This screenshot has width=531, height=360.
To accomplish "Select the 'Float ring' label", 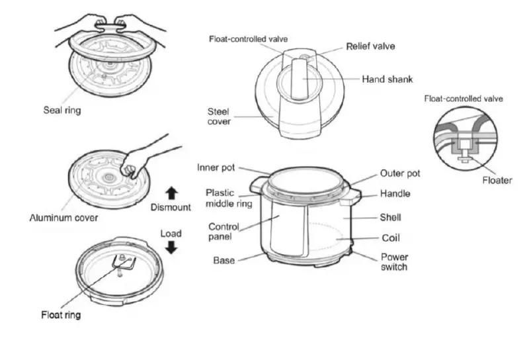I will pyautogui.click(x=61, y=315).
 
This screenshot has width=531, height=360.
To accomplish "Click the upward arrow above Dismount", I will pyautogui.click(x=171, y=193).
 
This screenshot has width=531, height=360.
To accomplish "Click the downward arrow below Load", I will pyautogui.click(x=171, y=247).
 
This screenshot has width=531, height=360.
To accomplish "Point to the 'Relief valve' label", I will pyautogui.click(x=370, y=46).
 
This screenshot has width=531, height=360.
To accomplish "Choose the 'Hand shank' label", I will pyautogui.click(x=387, y=79).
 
